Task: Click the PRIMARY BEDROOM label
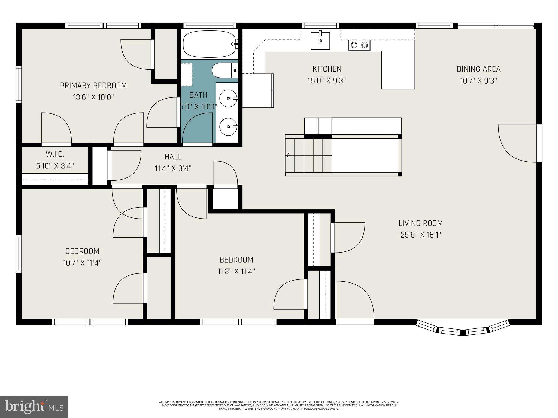[x=93, y=85]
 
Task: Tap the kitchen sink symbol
[x=320, y=41]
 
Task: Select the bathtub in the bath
[x=209, y=44]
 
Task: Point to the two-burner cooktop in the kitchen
[x=359, y=45]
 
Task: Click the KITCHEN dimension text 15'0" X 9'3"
[x=327, y=81]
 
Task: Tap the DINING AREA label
[x=478, y=69]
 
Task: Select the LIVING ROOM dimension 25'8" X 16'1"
[x=421, y=235]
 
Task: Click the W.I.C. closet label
[x=55, y=154]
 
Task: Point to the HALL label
[x=173, y=157]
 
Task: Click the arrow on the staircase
[x=287, y=155]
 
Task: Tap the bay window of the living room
[x=463, y=329]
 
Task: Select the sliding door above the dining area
[x=495, y=26]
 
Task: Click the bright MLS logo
[x=34, y=407]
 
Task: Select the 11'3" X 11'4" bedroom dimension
[x=236, y=272]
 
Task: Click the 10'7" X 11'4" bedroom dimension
[x=82, y=263]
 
